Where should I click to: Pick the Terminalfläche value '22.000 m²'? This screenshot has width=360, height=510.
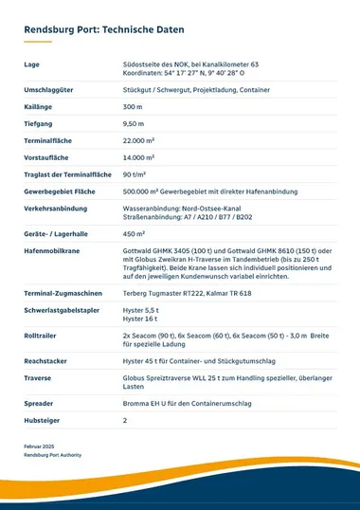click(x=141, y=139)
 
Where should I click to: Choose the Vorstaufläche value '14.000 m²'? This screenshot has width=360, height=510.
click(x=141, y=156)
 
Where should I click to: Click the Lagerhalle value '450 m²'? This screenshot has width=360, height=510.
click(x=134, y=233)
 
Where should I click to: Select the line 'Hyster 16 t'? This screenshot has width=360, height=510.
click(x=139, y=320)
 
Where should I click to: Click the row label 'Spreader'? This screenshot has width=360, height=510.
click(x=39, y=402)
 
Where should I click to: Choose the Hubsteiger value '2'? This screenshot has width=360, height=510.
click(x=125, y=420)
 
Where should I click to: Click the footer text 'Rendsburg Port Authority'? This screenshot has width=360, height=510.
click(x=52, y=455)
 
